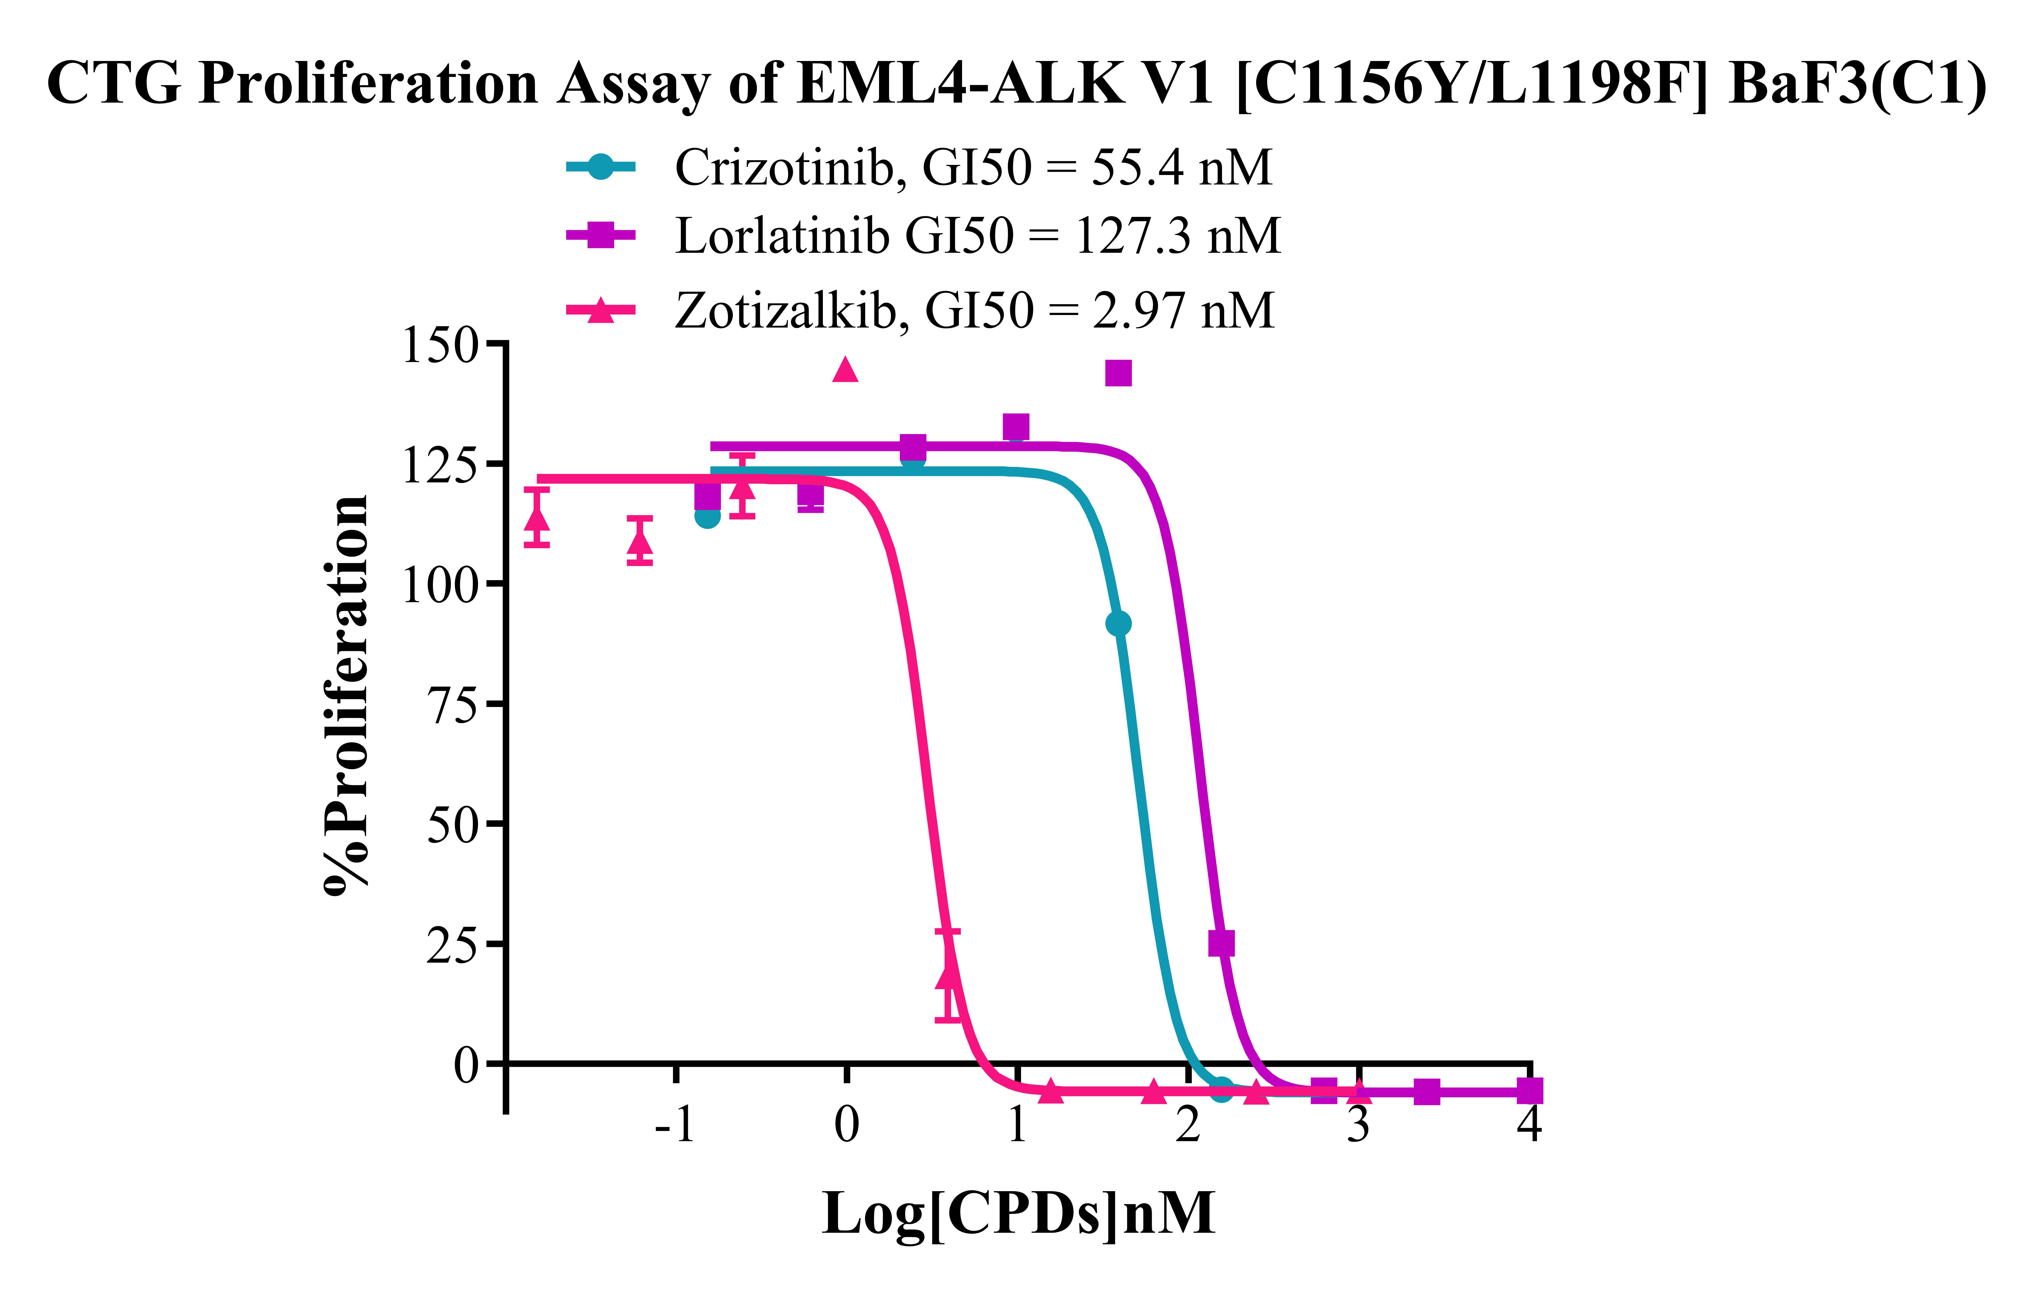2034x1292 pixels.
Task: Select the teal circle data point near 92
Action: coord(1118,624)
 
